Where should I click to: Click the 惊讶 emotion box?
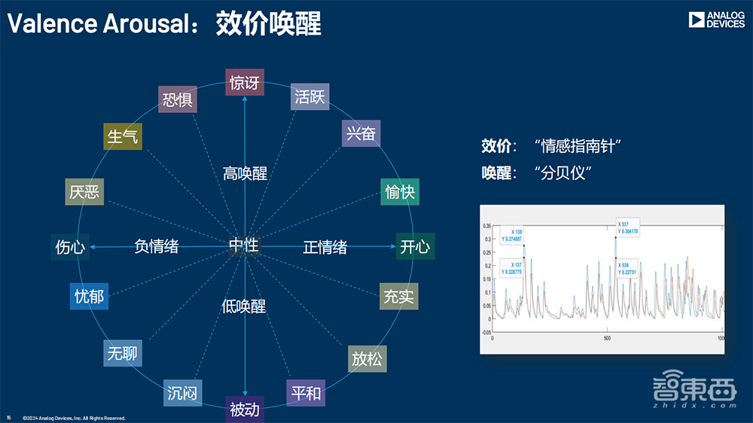(244, 82)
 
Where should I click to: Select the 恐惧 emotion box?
(178, 99)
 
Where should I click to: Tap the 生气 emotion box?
(123, 136)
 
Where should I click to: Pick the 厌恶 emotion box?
(84, 192)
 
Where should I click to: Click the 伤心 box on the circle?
(70, 246)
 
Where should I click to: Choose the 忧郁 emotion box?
(89, 296)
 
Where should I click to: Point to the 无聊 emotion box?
(122, 352)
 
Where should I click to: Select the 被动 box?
(244, 409)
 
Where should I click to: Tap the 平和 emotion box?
(306, 393)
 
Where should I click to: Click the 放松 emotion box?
(367, 358)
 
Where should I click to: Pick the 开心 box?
(415, 246)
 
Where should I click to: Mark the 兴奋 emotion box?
(361, 134)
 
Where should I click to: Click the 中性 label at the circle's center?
(243, 245)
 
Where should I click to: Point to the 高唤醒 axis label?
(245, 174)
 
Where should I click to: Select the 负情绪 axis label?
(156, 246)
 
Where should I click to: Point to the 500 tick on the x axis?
(608, 339)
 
